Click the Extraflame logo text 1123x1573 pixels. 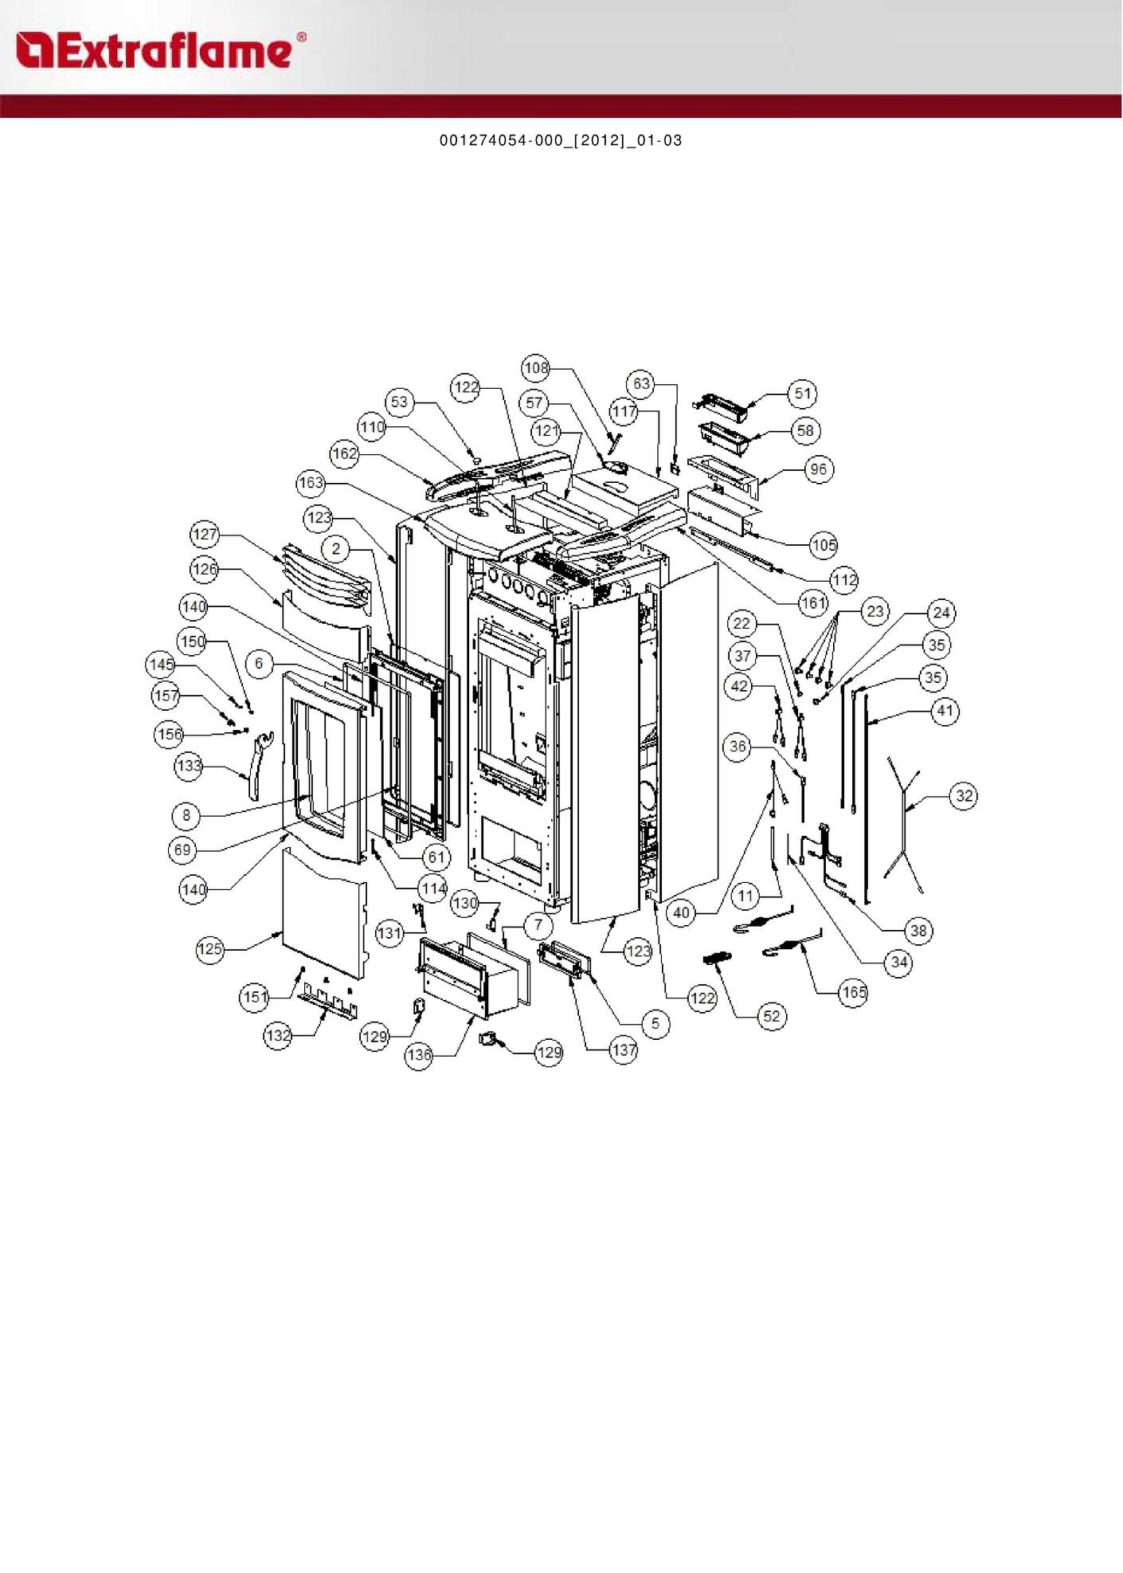tap(159, 51)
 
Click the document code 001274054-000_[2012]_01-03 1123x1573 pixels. tap(561, 140)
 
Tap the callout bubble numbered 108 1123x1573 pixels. tap(536, 367)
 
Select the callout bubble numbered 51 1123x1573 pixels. tap(803, 393)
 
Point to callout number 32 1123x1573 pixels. tap(965, 795)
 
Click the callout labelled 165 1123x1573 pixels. tap(853, 992)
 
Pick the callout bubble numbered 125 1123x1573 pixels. tap(210, 949)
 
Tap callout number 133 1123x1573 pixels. tap(189, 766)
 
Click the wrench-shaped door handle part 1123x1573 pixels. tap(260, 765)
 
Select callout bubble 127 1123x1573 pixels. tap(205, 534)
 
